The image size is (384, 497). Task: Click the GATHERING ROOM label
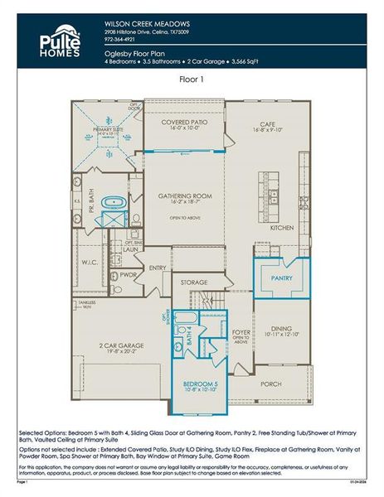185,196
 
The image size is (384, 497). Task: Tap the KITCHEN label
283,227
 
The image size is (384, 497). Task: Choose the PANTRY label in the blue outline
281,278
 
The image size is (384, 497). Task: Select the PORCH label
271,384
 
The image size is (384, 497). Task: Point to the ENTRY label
158,268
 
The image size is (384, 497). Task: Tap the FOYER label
241,333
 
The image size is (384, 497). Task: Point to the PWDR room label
129,274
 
